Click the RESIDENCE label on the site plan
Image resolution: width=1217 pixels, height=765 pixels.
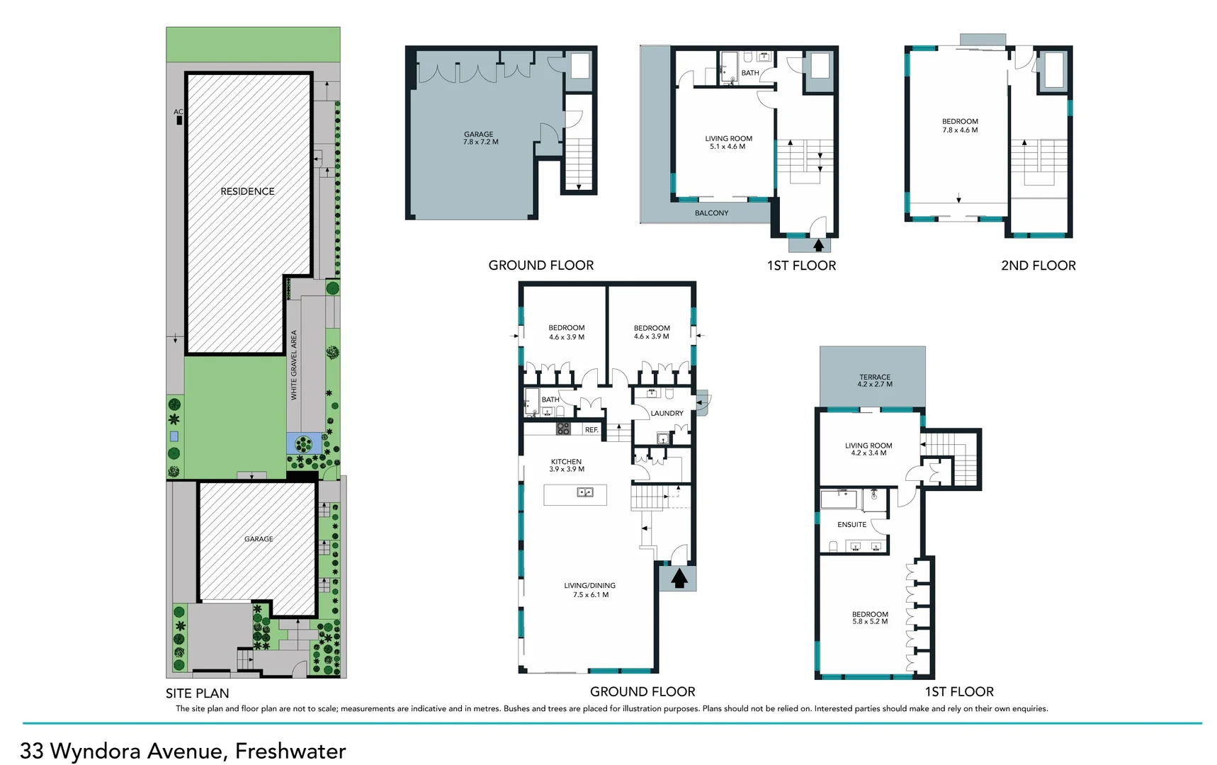point(247,191)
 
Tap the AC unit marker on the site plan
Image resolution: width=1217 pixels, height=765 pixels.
point(179,120)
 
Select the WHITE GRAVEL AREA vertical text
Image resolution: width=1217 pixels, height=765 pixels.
point(294,365)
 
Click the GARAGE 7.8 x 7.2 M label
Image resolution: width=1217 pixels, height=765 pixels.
point(480,138)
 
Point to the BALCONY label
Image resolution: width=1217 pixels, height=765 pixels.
point(711,212)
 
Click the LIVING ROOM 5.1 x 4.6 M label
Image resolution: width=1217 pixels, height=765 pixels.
point(728,142)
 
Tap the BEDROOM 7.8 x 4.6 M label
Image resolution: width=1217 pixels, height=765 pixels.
point(960,125)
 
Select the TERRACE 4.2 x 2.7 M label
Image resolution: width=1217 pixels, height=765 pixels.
point(875,380)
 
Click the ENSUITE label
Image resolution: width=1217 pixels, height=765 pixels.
point(851,524)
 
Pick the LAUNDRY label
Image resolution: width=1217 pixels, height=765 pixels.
point(667,413)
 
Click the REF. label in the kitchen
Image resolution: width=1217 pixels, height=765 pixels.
point(591,430)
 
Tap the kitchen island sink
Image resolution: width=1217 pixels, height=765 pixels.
point(584,492)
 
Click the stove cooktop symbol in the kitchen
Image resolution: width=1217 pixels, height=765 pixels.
point(563,428)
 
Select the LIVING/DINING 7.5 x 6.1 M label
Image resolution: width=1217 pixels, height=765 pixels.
point(589,590)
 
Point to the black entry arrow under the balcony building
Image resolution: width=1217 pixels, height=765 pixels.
point(818,246)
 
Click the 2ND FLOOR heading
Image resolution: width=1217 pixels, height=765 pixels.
point(1038,266)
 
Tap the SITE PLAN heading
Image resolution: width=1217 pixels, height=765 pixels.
point(197,693)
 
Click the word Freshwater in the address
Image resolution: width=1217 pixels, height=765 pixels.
point(290,751)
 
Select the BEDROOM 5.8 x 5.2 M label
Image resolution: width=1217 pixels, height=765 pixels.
point(870,618)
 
